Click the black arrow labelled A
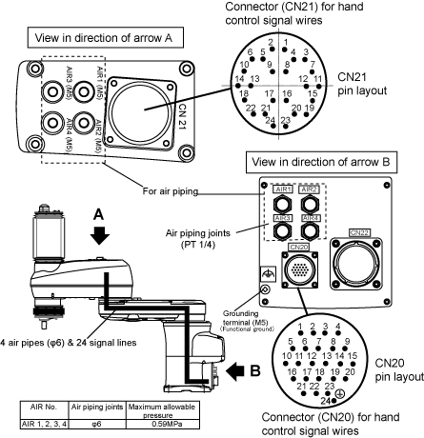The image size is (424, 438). (x=100, y=235)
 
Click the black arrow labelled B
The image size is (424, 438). (x=235, y=371)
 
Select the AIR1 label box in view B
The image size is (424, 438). (x=283, y=189)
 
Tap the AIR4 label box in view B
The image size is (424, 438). (x=311, y=218)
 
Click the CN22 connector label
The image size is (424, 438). (x=359, y=232)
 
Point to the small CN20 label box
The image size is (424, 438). (x=299, y=247)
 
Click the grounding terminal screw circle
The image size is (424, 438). (x=265, y=289)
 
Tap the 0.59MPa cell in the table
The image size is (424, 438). (x=163, y=424)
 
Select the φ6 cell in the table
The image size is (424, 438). (x=97, y=424)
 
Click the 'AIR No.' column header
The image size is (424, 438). (x=44, y=407)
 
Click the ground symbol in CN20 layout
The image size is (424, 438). (x=340, y=393)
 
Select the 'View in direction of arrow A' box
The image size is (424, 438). (x=106, y=38)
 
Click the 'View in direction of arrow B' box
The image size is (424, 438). (x=321, y=162)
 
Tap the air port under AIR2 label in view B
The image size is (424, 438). (x=310, y=204)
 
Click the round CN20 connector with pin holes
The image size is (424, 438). (x=299, y=269)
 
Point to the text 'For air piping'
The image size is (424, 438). (x=171, y=191)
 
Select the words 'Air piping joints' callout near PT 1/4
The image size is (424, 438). (x=198, y=233)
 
